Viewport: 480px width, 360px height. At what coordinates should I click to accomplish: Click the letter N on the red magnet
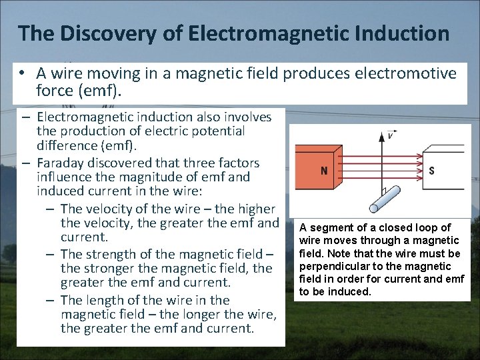tap(324, 171)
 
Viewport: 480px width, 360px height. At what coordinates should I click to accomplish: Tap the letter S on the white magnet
tap(432, 171)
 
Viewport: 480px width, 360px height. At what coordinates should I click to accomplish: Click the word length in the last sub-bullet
tap(107, 300)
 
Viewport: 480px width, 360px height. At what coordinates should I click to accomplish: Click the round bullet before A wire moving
tap(22, 73)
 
